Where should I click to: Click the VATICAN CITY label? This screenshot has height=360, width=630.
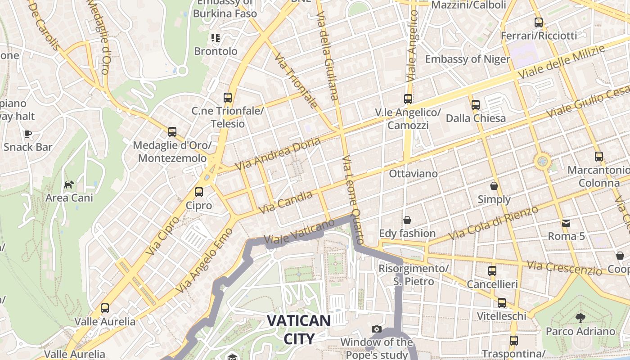tap(299, 329)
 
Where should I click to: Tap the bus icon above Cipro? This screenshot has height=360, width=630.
tap(199, 192)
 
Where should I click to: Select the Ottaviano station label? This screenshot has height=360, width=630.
tap(413, 173)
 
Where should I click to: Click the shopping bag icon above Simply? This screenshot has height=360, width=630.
tap(494, 185)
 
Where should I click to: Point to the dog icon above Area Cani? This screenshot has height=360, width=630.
tap(69, 184)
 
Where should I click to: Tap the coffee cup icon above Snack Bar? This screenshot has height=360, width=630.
tap(28, 134)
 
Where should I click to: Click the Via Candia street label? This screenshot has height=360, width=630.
tap(286, 202)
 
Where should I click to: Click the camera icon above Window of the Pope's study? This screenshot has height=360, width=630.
tap(377, 329)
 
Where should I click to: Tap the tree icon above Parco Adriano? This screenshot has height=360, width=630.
tap(580, 318)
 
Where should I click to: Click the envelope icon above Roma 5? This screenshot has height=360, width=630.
tap(566, 223)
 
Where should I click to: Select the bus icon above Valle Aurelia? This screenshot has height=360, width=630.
tap(105, 308)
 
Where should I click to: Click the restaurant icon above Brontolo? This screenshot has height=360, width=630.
tap(216, 38)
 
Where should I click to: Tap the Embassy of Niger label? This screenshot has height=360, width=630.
tap(468, 59)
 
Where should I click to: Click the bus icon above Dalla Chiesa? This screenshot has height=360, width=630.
tap(476, 105)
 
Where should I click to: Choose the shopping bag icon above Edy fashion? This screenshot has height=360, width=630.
tap(407, 220)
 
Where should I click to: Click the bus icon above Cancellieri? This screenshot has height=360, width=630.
tap(492, 271)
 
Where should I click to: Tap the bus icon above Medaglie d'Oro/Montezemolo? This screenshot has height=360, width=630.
tap(172, 132)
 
